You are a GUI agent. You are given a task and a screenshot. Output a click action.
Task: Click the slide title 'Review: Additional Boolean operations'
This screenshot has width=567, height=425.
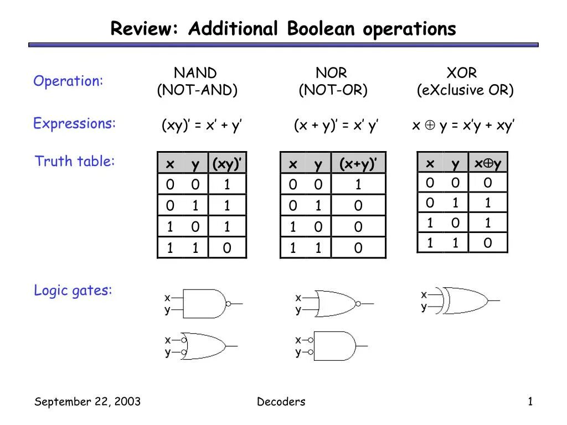[x=283, y=28]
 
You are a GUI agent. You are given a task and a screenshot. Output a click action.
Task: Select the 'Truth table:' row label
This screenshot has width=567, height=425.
[x=75, y=161]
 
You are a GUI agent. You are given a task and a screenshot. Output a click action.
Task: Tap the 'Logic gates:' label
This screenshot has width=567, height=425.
[x=73, y=290]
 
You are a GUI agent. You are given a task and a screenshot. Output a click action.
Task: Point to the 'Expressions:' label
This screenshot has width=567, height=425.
[x=75, y=123]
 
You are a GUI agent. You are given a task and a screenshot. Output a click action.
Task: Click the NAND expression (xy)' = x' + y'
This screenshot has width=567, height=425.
[x=202, y=126]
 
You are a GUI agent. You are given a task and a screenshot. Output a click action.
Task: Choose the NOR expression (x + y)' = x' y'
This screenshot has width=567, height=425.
[x=336, y=126]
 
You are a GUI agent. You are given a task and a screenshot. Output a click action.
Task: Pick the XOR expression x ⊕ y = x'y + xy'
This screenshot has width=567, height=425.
[x=464, y=126]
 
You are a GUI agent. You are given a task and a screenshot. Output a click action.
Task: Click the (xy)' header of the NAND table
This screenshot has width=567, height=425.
[x=227, y=164]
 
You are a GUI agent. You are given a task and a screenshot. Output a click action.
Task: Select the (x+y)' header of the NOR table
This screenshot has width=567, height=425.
[x=358, y=164]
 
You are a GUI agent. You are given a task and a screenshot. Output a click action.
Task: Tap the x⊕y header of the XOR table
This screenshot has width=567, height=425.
[x=487, y=164]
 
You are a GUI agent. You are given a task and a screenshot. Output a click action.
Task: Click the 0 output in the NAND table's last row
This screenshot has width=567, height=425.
[x=227, y=248]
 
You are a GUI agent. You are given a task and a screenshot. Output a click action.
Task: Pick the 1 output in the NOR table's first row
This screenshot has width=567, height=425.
[x=358, y=185]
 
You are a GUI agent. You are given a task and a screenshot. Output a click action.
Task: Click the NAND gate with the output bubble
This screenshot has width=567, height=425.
[x=205, y=303]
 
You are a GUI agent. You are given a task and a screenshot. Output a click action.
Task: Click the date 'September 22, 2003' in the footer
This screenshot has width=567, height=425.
[x=87, y=402]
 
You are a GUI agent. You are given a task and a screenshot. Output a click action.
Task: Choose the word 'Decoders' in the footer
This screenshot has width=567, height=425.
[x=281, y=402]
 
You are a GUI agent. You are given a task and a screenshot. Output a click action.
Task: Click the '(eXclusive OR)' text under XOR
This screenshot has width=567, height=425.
[x=465, y=90]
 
